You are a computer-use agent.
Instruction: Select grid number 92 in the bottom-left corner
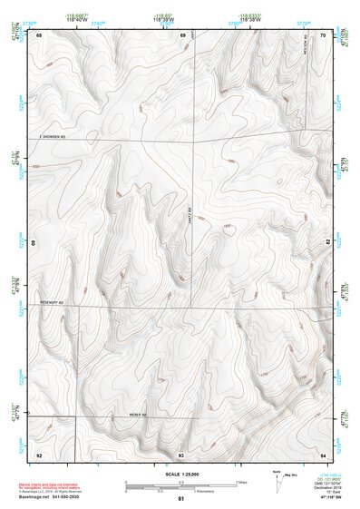[x=39, y=454]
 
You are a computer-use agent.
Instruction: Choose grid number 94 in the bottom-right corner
[x=324, y=454]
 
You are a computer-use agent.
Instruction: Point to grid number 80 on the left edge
[x=34, y=243]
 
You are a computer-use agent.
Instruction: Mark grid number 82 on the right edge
[x=328, y=242]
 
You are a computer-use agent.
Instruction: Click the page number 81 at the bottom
[x=181, y=499]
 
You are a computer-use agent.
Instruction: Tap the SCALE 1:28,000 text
[x=180, y=474]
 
